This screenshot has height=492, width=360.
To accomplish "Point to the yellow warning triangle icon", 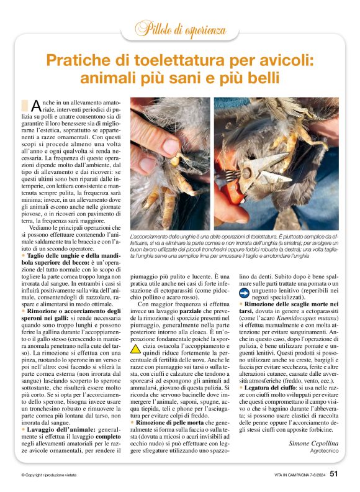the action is tap(135, 349).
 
